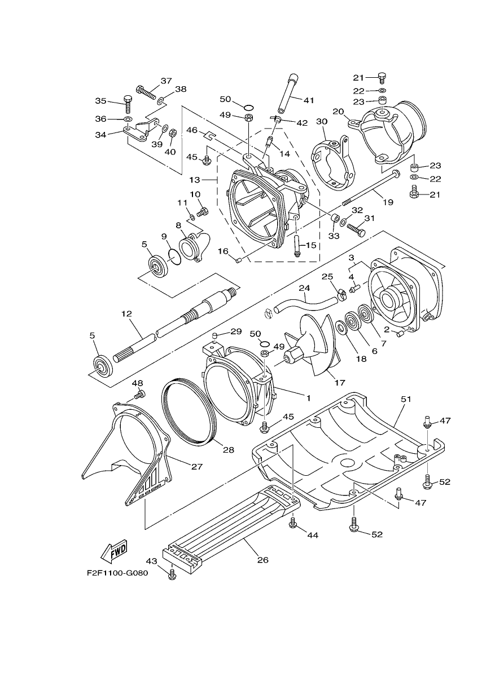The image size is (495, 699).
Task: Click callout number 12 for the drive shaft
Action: point(127,313)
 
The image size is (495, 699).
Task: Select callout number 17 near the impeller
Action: point(340,383)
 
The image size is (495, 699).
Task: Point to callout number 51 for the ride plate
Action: point(406,399)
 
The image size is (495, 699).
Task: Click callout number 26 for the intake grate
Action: point(263,560)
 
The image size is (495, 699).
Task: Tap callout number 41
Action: point(308,100)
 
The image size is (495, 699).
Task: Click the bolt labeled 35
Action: point(128,104)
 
